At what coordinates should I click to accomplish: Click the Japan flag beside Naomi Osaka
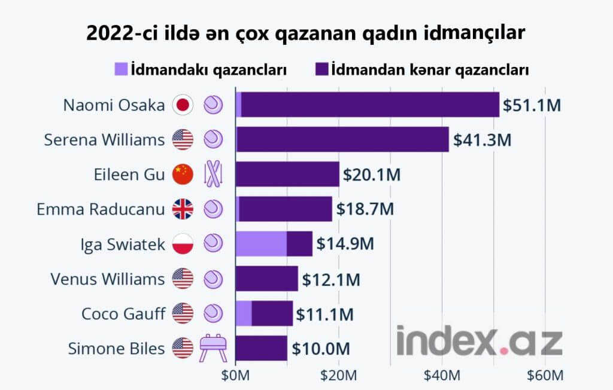click(x=182, y=105)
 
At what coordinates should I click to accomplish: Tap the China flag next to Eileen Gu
click(x=182, y=175)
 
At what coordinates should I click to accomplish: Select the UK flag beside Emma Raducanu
click(x=182, y=209)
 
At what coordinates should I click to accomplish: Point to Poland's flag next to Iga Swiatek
click(x=182, y=244)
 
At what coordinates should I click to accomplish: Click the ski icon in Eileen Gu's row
click(x=213, y=174)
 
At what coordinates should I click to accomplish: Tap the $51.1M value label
click(x=531, y=106)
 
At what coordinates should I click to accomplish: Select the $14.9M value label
click(x=344, y=244)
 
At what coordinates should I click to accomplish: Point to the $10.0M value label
click(x=320, y=348)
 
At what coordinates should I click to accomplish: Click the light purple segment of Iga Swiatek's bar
click(x=261, y=244)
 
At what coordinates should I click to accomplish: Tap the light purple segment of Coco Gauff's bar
click(x=244, y=313)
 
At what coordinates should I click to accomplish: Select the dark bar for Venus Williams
click(x=266, y=279)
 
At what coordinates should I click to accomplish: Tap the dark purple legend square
click(x=321, y=69)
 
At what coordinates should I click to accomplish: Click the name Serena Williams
click(x=104, y=140)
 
